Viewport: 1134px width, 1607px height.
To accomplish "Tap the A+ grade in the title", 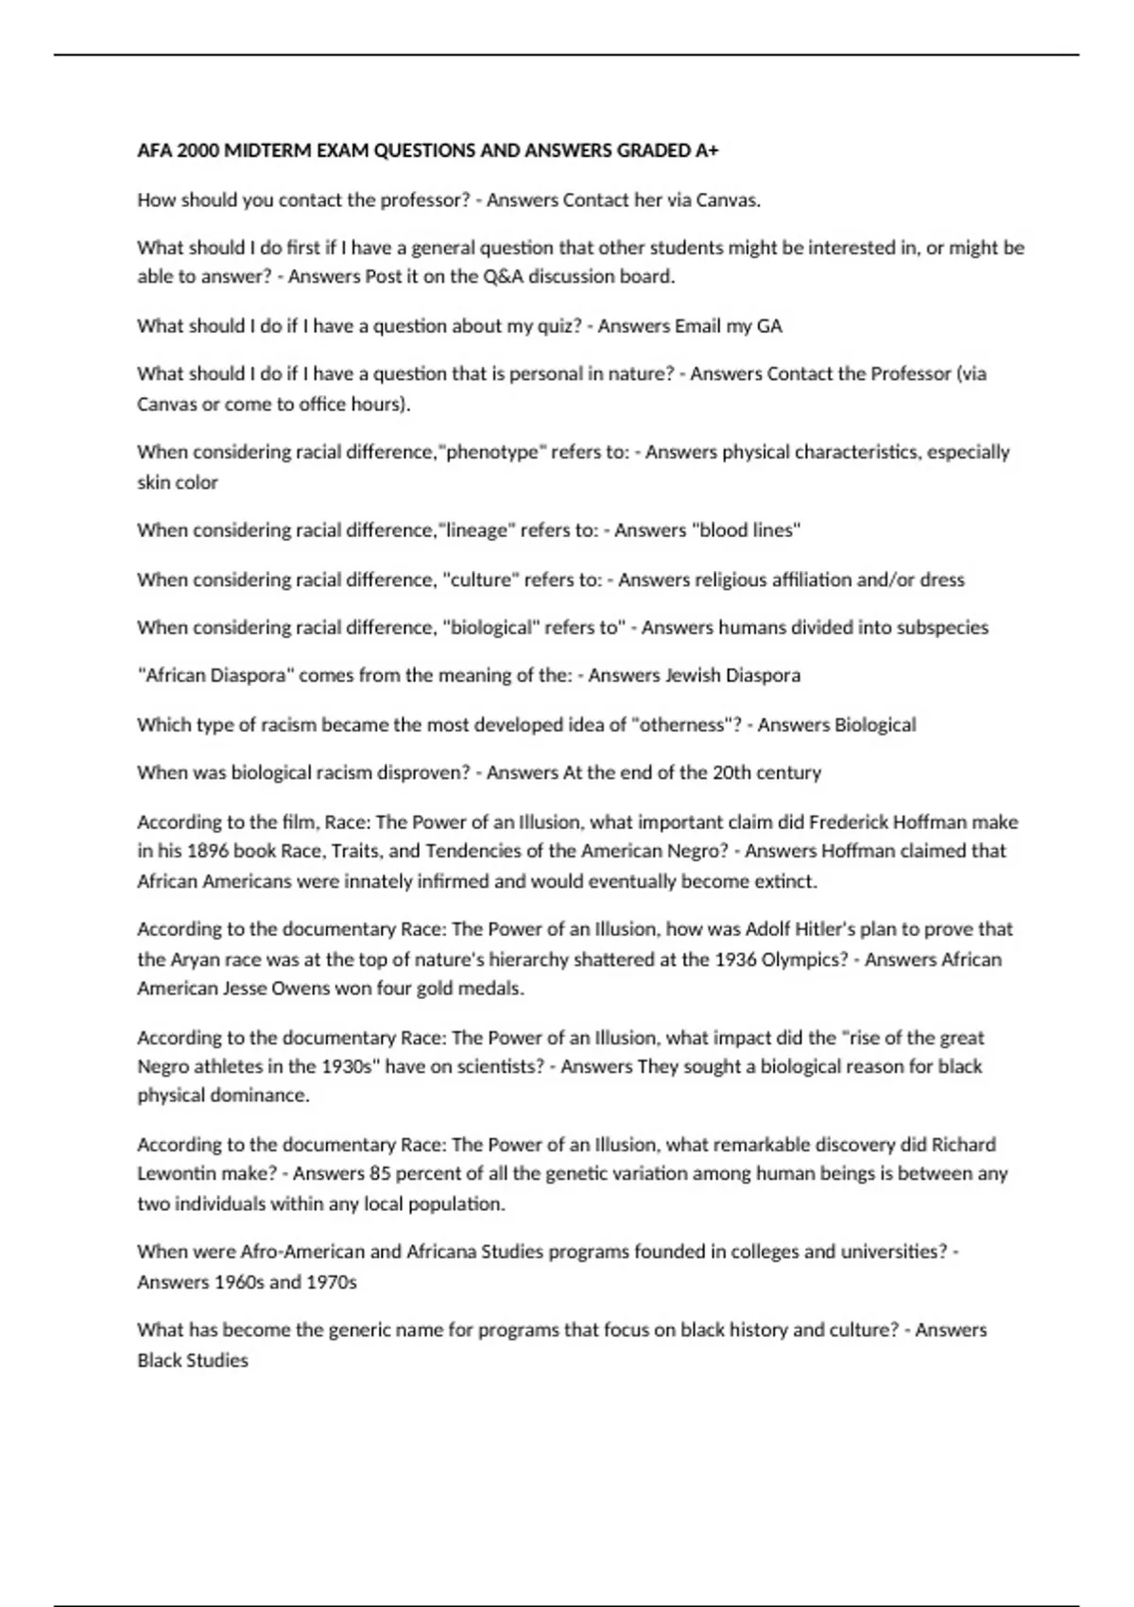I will pyautogui.click(x=707, y=150).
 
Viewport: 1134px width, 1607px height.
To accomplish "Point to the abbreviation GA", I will pyautogui.click(x=769, y=326).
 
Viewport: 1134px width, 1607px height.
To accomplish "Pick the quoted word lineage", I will pyautogui.click(x=477, y=530).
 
